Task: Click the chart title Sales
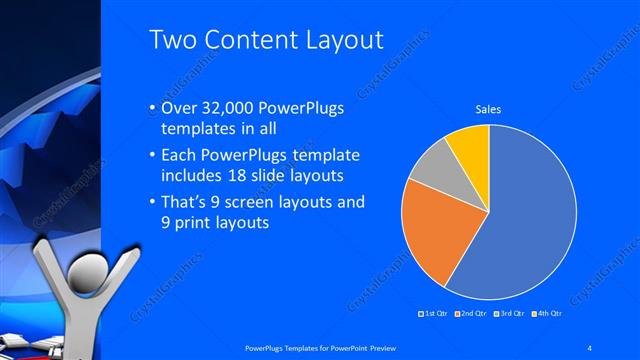[x=488, y=109]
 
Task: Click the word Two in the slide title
[x=173, y=40]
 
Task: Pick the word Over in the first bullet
[x=179, y=110]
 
